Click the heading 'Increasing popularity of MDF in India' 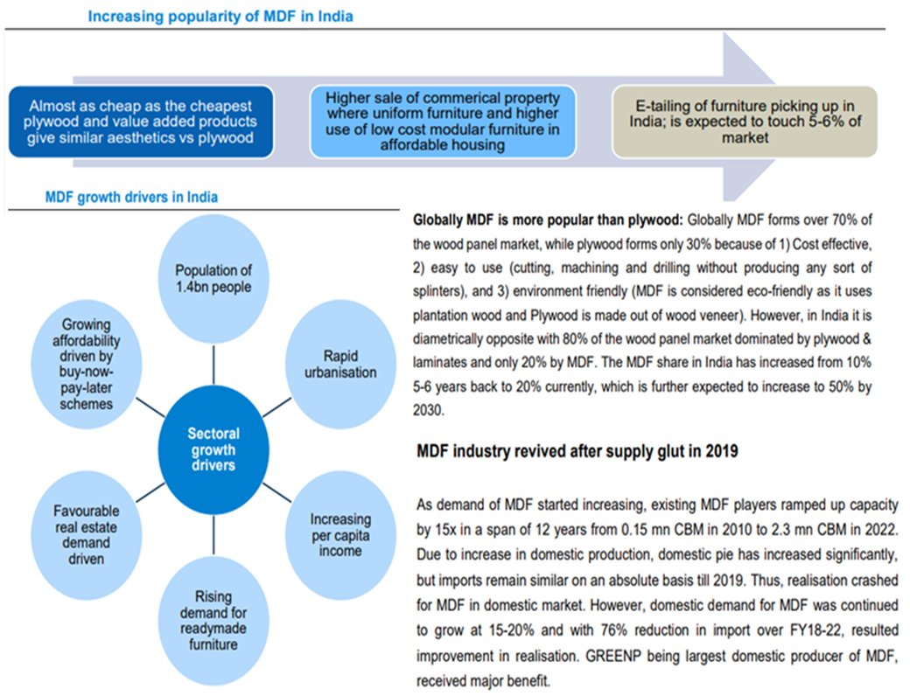coord(220,17)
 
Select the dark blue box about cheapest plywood coord(142,122)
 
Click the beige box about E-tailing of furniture coord(744,122)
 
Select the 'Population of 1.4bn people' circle coord(212,279)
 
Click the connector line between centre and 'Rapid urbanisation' coord(275,405)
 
